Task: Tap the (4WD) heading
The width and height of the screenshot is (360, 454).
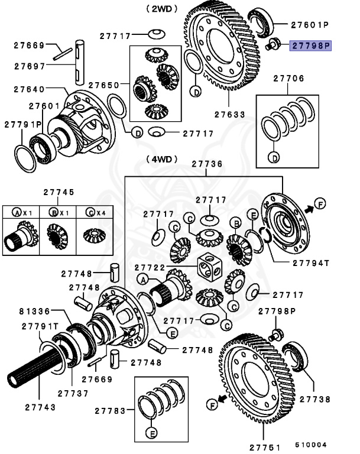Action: tap(159, 159)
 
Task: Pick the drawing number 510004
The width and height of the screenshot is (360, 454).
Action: tap(311, 445)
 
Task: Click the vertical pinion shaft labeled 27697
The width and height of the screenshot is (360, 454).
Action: tap(80, 59)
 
